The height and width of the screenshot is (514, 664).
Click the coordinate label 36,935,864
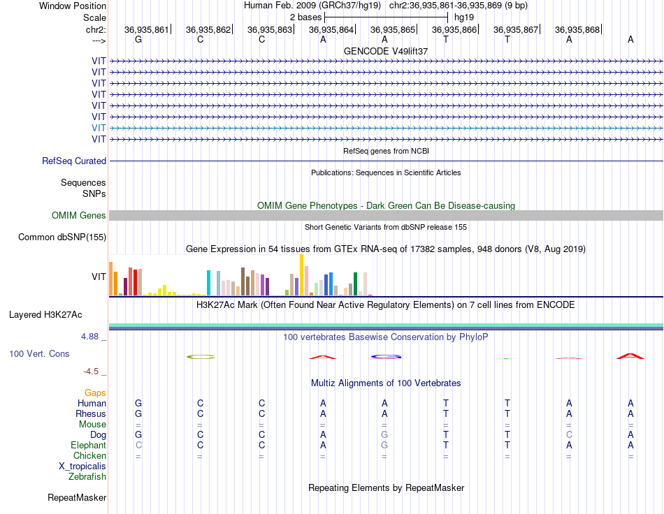click(x=331, y=29)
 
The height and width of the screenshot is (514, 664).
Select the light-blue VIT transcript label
click(x=99, y=128)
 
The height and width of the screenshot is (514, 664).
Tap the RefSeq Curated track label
click(x=74, y=161)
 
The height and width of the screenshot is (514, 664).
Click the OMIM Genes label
click(x=79, y=215)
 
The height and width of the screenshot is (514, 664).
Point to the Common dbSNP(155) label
click(x=62, y=237)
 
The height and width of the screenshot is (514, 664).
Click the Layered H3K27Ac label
click(x=45, y=315)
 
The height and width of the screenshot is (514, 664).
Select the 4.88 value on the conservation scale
click(x=89, y=337)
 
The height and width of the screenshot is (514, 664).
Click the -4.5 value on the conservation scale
click(x=91, y=372)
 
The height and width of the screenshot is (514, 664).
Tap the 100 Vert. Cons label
click(x=39, y=353)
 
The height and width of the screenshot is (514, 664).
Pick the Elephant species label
click(x=89, y=445)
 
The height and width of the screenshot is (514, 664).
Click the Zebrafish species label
click(x=87, y=477)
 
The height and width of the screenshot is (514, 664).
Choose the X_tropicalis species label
click(x=82, y=467)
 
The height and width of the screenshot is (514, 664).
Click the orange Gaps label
click(x=95, y=393)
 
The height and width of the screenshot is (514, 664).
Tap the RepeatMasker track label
click(x=77, y=497)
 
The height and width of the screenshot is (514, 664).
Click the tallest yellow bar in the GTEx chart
click(x=301, y=275)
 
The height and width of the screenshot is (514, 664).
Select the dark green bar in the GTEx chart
click(x=356, y=284)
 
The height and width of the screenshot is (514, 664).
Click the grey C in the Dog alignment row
click(x=569, y=434)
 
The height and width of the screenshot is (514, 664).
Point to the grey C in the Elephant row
click(x=138, y=445)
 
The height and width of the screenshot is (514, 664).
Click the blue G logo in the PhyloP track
click(x=387, y=357)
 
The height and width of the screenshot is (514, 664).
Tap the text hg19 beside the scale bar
click(x=464, y=17)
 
